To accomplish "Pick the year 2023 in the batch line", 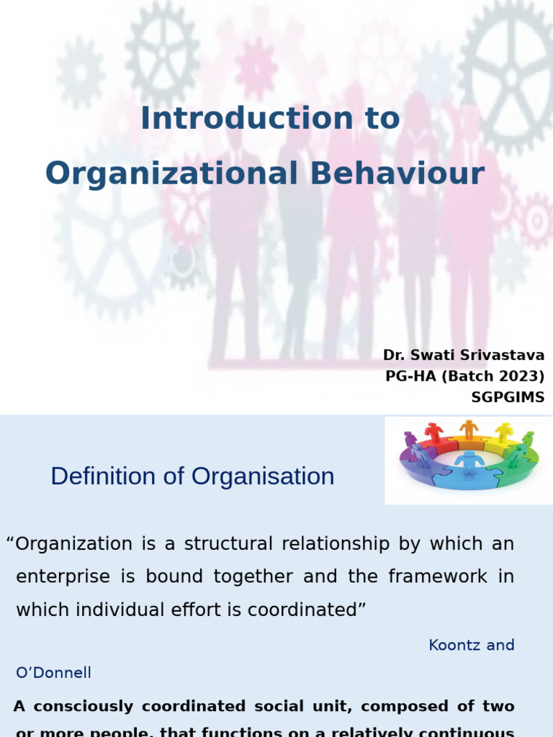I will pos(520,376).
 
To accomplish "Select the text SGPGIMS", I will pos(508,397).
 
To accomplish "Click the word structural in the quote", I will pos(229,543).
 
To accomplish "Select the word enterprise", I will pos(63,577).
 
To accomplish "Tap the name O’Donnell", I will pos(54,672).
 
